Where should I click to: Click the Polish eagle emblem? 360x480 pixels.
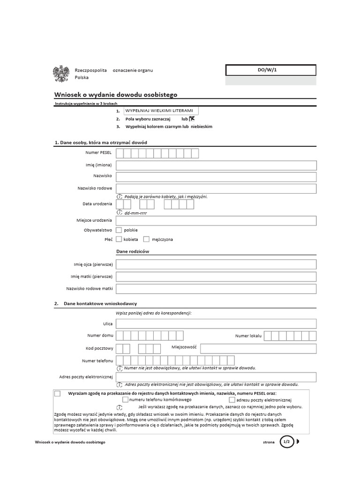tap(61, 74)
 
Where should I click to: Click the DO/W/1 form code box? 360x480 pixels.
tap(270, 70)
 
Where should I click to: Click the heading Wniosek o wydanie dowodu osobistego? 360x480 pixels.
tap(116, 94)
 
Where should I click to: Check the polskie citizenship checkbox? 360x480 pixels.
tap(119, 230)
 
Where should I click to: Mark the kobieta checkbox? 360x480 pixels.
tap(119, 239)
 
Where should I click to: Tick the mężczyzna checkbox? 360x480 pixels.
tap(146, 239)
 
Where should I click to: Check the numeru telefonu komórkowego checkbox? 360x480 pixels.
tap(125, 400)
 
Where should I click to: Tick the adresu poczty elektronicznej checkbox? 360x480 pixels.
tap(232, 400)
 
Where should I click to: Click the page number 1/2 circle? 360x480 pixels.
tap(287, 442)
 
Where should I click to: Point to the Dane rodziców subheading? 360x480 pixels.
tap(135, 251)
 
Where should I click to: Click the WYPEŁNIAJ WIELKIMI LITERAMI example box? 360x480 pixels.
tap(161, 110)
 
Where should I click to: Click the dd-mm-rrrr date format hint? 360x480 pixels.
tap(136, 212)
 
